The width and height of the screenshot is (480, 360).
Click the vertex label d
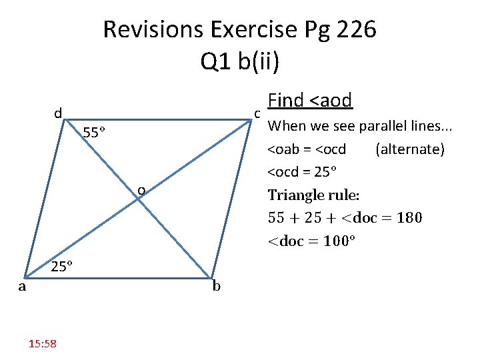click(x=58, y=114)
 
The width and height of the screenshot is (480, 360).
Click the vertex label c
click(x=257, y=114)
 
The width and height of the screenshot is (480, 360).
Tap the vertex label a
click(x=22, y=287)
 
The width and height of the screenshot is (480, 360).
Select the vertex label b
click(x=217, y=287)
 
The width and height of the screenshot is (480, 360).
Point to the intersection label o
click(x=141, y=191)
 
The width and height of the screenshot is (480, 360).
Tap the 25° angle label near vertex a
click(x=62, y=267)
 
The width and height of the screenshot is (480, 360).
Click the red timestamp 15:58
click(x=43, y=343)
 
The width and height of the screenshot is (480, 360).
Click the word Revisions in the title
click(x=153, y=30)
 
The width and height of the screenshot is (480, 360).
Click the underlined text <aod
click(x=327, y=101)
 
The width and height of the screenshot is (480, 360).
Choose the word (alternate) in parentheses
click(x=410, y=149)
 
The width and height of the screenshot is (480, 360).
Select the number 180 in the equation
click(x=408, y=217)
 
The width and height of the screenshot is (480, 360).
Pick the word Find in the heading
click(x=285, y=101)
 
